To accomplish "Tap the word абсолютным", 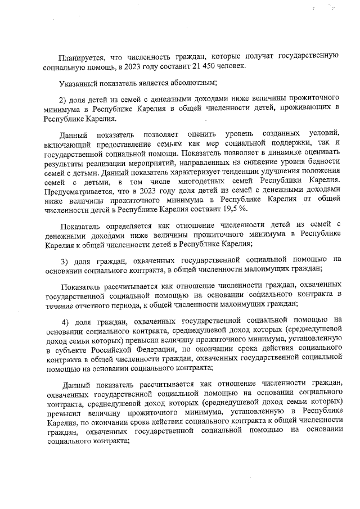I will tap(164, 83).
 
